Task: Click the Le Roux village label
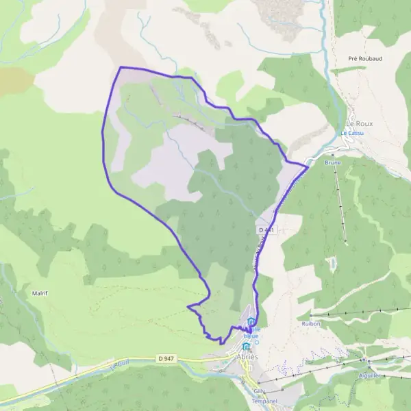pyautogui.click(x=359, y=124)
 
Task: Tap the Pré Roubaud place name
pyautogui.click(x=364, y=59)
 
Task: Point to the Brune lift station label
pyautogui.click(x=332, y=163)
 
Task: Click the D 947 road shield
pyautogui.click(x=166, y=358)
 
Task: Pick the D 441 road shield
pyautogui.click(x=267, y=229)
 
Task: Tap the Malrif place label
pyautogui.click(x=40, y=293)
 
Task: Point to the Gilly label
pyautogui.click(x=259, y=390)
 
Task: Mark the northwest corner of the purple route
pyautogui.click(x=121, y=67)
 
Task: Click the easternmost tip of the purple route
pyautogui.click(x=307, y=166)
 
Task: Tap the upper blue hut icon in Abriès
pyautogui.click(x=251, y=323)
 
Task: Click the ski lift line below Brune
pyautogui.click(x=340, y=206)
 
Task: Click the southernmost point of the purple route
pyautogui.click(x=221, y=343)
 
